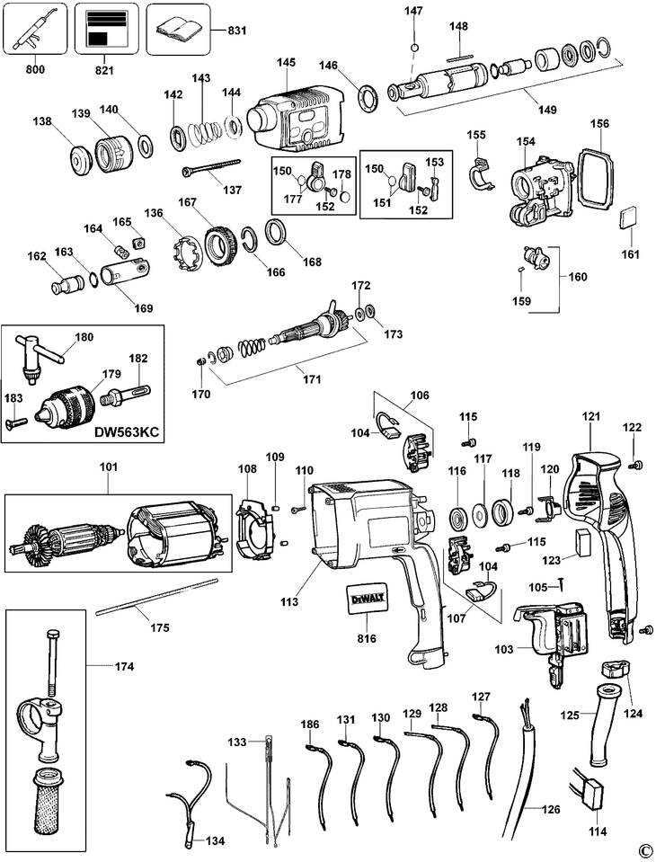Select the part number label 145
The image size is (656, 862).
286,62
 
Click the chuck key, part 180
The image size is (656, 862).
41,357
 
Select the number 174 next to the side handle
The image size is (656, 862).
124,667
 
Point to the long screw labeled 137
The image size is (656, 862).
211,167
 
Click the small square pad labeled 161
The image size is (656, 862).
629,218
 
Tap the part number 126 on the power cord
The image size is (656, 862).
551,809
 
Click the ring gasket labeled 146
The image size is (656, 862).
369,100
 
